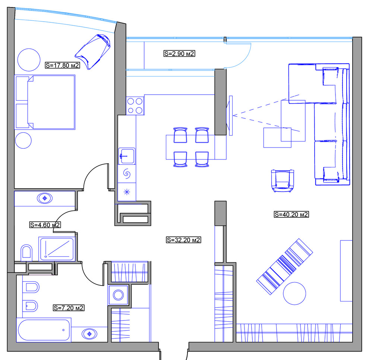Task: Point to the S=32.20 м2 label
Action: [183, 240]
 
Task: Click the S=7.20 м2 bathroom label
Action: [68, 308]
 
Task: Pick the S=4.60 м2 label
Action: [45, 225]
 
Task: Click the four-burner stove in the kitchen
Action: [135, 105]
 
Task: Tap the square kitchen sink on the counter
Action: [127, 155]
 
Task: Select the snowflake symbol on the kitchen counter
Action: [127, 192]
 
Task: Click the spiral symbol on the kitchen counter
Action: [127, 174]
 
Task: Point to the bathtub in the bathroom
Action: [44, 330]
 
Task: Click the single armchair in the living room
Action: [283, 180]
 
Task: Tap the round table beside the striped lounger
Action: [295, 293]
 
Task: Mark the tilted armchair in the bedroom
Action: [94, 51]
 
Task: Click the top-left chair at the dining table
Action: [180, 135]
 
